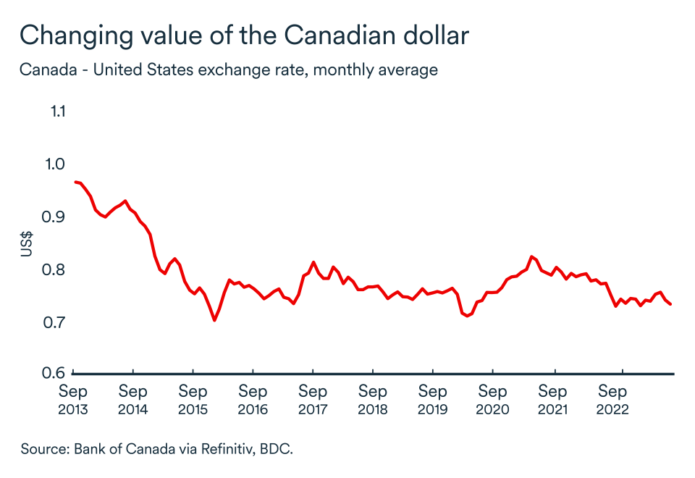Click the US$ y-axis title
[x=27, y=243]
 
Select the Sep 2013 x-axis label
[x=73, y=400]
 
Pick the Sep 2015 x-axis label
[x=193, y=400]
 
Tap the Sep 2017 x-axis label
[x=313, y=400]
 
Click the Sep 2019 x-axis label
[x=432, y=400]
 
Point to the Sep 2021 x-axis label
[x=552, y=400]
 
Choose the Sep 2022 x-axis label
[x=612, y=400]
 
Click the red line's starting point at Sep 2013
[x=75, y=182]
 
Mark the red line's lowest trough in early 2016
[x=214, y=319]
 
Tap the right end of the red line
[x=670, y=304]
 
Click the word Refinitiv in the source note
[x=221, y=449]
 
